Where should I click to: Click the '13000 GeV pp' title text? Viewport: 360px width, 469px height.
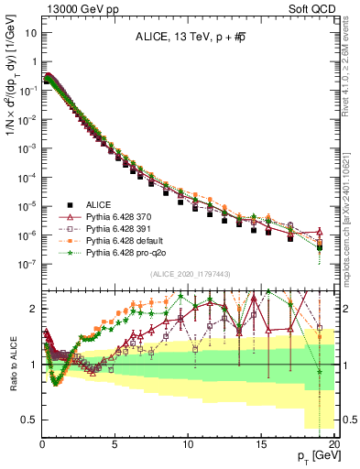[x=74, y=8]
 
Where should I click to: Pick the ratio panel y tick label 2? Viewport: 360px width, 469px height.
[x=33, y=309]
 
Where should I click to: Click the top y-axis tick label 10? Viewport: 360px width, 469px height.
[x=30, y=34]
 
